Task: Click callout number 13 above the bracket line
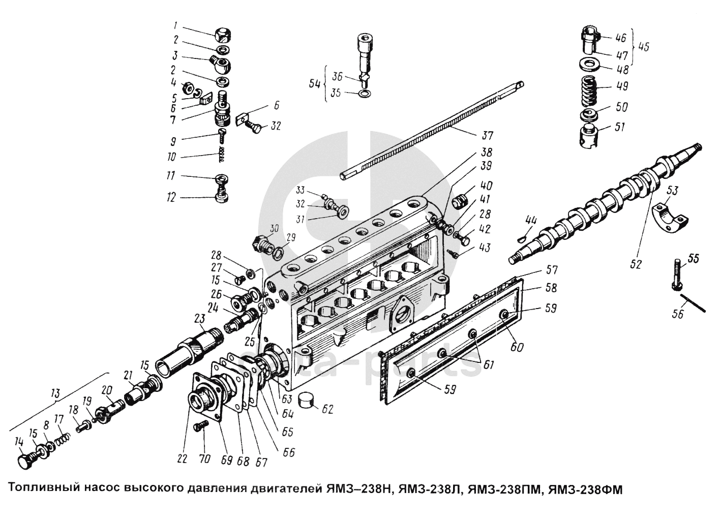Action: pyautogui.click(x=55, y=394)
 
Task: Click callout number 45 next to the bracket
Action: pyautogui.click(x=643, y=46)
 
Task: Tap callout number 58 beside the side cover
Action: pyautogui.click(x=550, y=288)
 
